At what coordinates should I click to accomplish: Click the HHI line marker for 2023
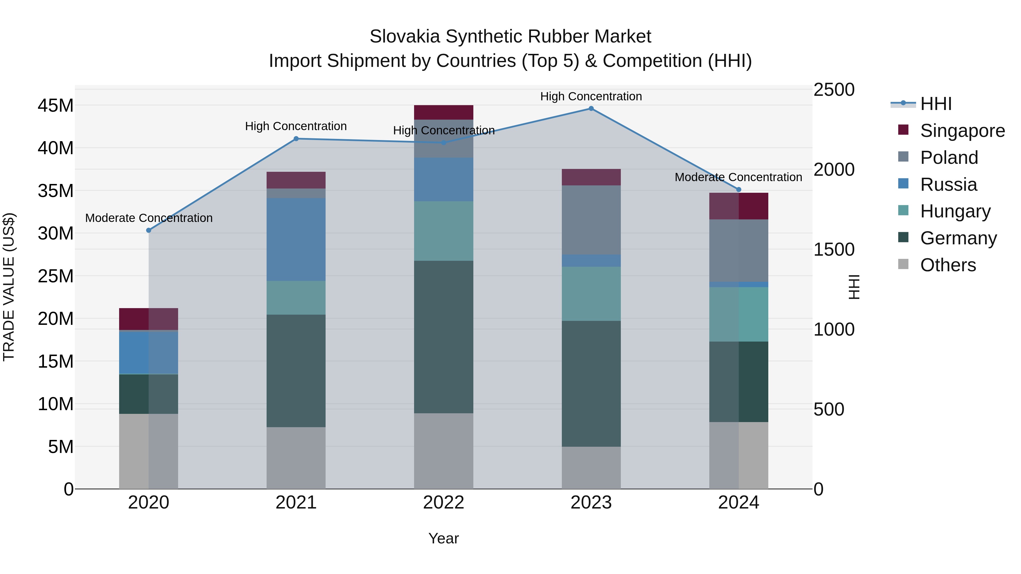[x=591, y=109]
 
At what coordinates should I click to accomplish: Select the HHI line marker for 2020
[x=149, y=230]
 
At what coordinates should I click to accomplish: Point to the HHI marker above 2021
[x=296, y=139]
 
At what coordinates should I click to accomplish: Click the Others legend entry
[x=948, y=265]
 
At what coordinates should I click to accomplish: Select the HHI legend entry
[x=935, y=104]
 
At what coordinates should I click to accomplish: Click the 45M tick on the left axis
[x=56, y=106]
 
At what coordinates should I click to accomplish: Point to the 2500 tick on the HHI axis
[x=834, y=90]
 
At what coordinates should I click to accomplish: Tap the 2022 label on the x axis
[x=444, y=503]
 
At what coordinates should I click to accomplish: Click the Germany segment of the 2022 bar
[x=444, y=337]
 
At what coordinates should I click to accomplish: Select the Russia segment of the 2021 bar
[x=296, y=239]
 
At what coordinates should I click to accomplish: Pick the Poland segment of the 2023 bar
[x=591, y=220]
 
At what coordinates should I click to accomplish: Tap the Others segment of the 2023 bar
[x=591, y=467]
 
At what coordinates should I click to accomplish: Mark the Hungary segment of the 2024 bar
[x=739, y=314]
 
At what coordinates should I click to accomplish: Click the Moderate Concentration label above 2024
[x=739, y=177]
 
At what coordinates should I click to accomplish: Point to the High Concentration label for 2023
[x=591, y=96]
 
